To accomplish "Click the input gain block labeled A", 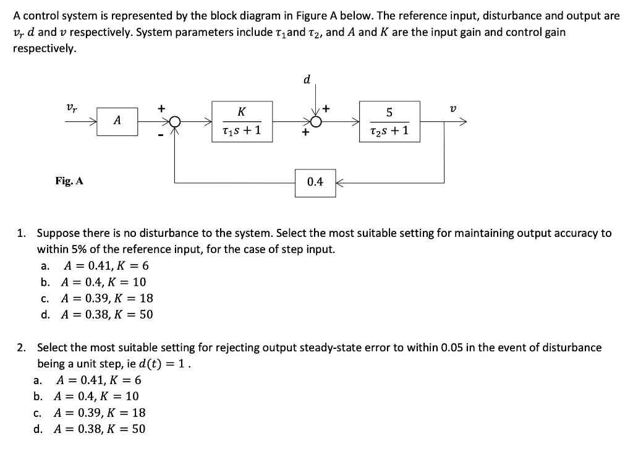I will point(117,121).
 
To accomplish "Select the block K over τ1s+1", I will point(241,121).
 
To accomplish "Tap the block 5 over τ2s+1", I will point(389,121).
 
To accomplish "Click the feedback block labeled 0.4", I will point(315,182).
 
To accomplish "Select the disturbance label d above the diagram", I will point(307,79).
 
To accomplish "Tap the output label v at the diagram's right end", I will point(453,109).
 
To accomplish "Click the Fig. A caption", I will point(69,181).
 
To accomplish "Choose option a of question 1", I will point(106,266).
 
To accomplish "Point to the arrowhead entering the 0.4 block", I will point(339,182).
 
